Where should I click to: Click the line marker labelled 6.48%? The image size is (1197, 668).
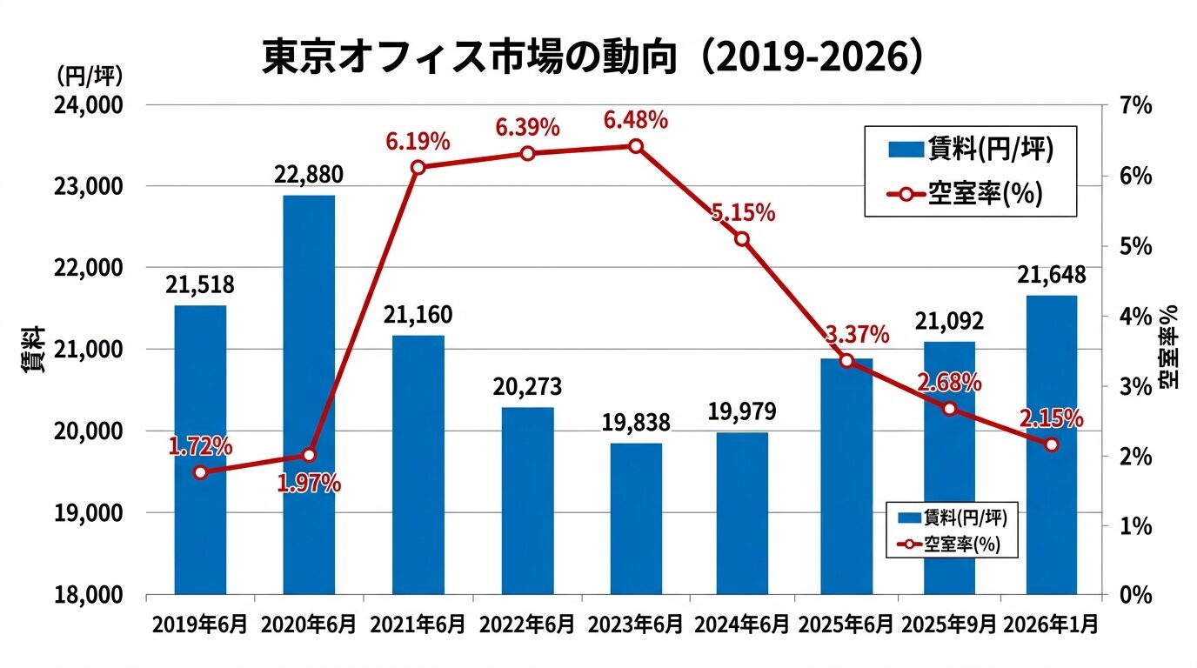(x=636, y=146)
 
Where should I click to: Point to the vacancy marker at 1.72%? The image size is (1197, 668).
(x=200, y=472)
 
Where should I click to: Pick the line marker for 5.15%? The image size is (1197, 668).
(x=741, y=239)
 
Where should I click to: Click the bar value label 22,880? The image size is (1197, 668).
(x=309, y=175)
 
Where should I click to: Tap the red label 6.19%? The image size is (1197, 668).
(x=418, y=140)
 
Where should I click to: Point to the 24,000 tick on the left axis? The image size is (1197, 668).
(x=90, y=105)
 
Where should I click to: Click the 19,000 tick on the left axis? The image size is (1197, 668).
(x=90, y=513)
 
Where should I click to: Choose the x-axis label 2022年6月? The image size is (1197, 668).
(x=528, y=625)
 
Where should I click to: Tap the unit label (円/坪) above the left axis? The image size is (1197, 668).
(x=90, y=76)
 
